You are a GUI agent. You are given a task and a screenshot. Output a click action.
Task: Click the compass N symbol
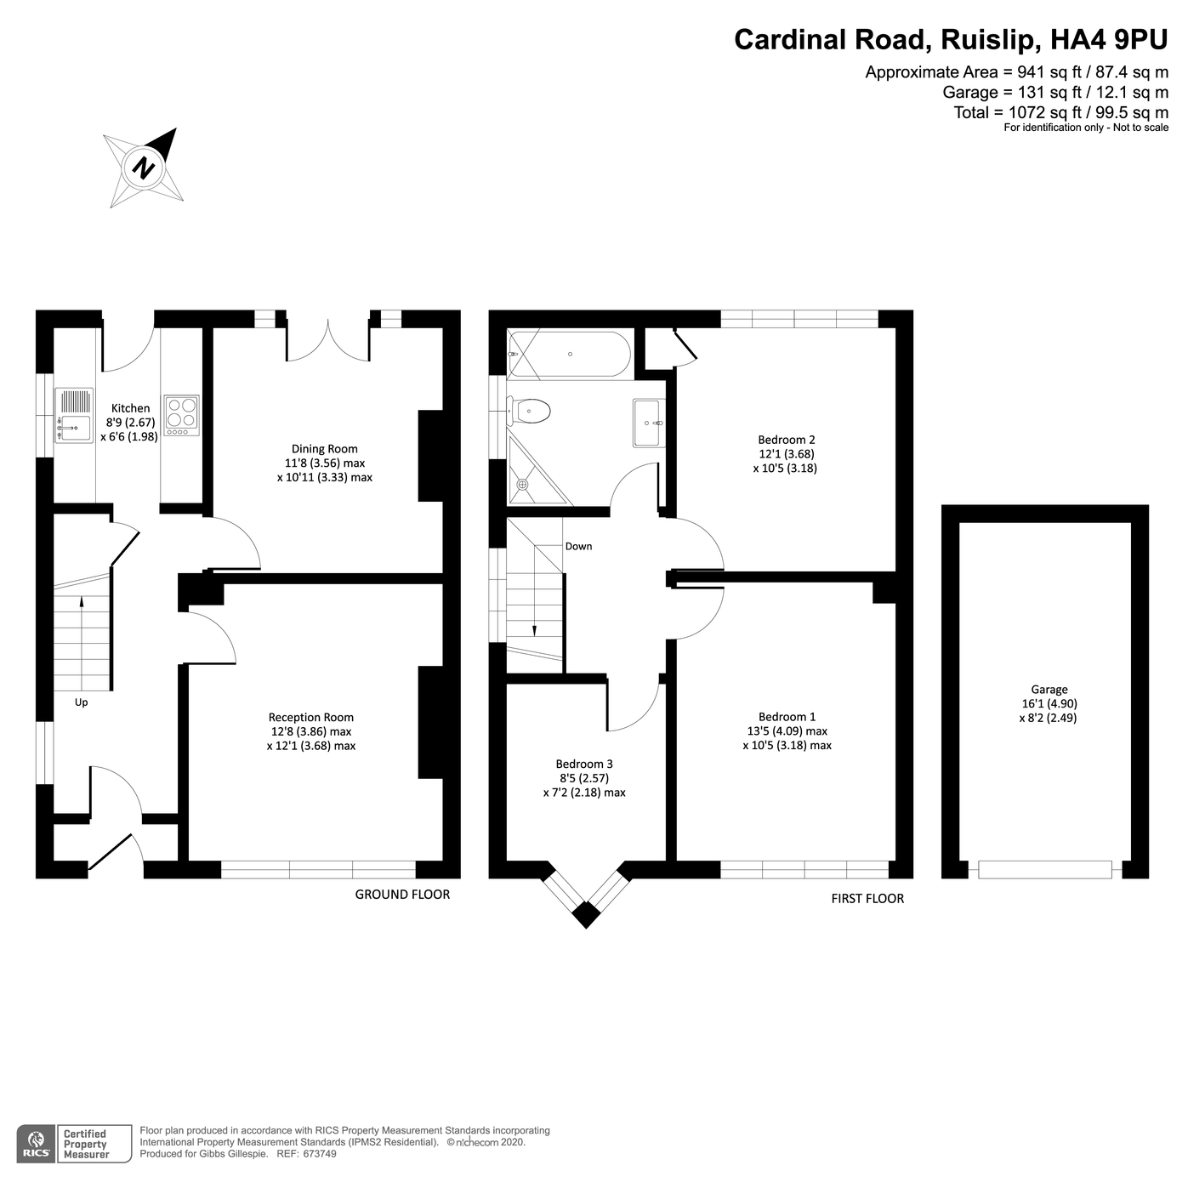pyautogui.click(x=144, y=168)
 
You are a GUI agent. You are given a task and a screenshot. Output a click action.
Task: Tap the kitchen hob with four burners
pyautogui.click(x=182, y=416)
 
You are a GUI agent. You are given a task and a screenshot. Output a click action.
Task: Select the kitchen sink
pyautogui.click(x=74, y=416)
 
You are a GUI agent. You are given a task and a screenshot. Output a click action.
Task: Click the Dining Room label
pyautogui.click(x=324, y=449)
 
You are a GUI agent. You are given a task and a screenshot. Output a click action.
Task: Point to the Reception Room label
pyautogui.click(x=310, y=717)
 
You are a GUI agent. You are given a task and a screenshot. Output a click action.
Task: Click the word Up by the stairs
pyautogui.click(x=82, y=702)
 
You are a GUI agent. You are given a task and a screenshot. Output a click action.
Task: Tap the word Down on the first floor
pyautogui.click(x=578, y=546)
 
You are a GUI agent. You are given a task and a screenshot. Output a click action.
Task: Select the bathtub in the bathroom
pyautogui.click(x=569, y=355)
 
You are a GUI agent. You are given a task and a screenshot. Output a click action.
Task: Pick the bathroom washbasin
pyautogui.click(x=649, y=423)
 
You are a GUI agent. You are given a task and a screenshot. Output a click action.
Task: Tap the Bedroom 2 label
pyautogui.click(x=786, y=440)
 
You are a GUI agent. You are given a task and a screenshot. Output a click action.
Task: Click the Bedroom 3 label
pyautogui.click(x=584, y=764)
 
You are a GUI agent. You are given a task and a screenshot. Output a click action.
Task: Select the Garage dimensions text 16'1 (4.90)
pyautogui.click(x=1049, y=703)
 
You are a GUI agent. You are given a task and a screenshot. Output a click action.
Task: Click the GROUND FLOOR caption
pyautogui.click(x=402, y=894)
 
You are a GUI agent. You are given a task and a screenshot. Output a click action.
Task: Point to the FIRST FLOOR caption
pyautogui.click(x=867, y=898)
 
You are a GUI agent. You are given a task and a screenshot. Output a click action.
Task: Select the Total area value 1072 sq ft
pyautogui.click(x=1046, y=112)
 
